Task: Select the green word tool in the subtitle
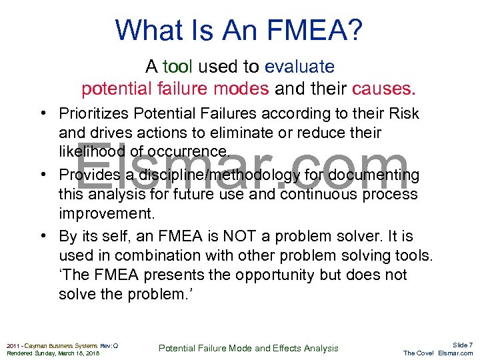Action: pos(177,67)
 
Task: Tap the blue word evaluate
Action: pos(299,67)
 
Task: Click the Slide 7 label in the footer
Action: pos(462,345)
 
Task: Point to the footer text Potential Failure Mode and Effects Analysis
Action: pos(248,348)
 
